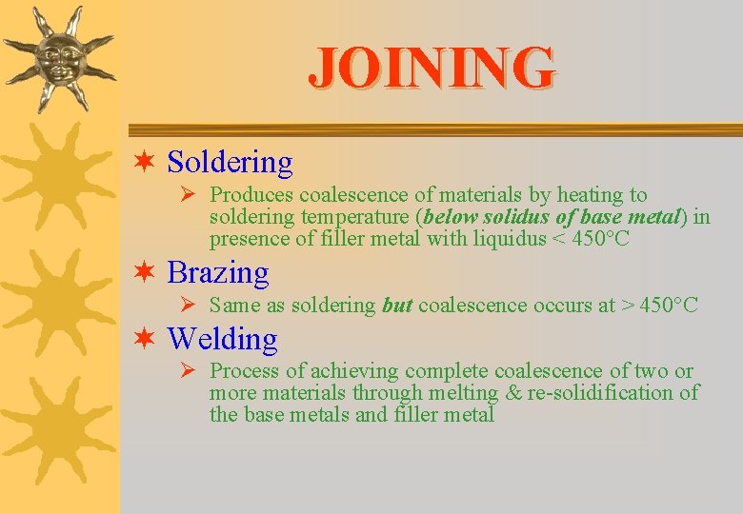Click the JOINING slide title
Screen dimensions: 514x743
point(432,67)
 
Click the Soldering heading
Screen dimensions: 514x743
point(230,163)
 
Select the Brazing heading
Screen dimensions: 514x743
point(218,273)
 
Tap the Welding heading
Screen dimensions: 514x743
point(222,339)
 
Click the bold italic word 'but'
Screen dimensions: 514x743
point(396,306)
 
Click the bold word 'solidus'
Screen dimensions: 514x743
point(515,217)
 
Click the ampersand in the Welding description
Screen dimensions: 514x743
point(515,392)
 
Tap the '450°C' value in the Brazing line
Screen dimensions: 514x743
point(669,306)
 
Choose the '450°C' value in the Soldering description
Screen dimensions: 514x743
point(600,238)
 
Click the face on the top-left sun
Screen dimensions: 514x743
point(58,59)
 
